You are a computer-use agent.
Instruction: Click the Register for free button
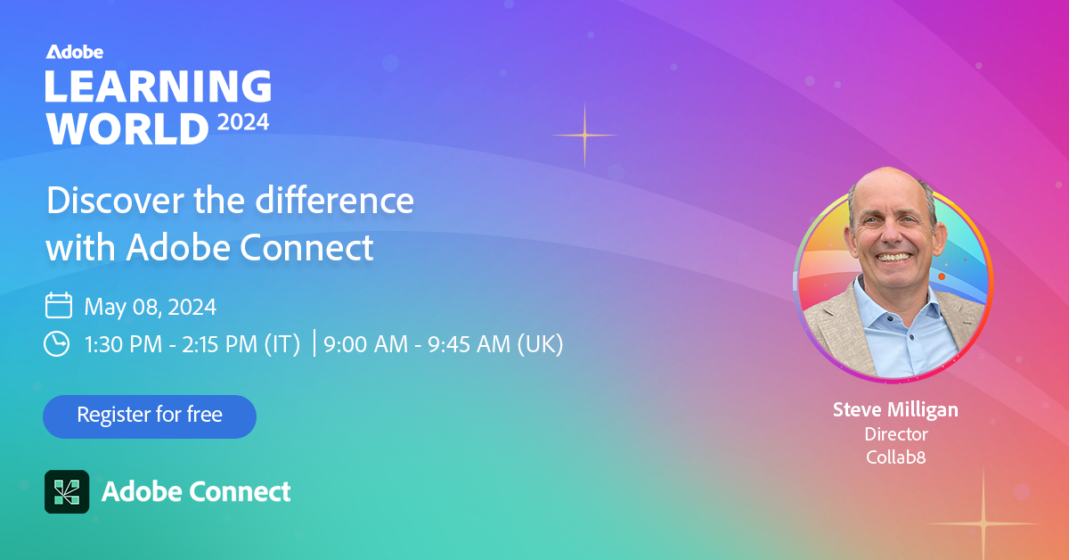pos(150,416)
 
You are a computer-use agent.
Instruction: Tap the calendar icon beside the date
pos(59,305)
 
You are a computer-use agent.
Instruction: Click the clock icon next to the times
pos(57,343)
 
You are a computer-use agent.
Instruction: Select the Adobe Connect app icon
pos(67,491)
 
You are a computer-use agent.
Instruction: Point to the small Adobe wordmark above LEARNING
pos(75,52)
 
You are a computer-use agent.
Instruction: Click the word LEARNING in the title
pos(159,86)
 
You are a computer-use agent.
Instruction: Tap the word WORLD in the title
pos(127,128)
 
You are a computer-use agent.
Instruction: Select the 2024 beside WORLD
pos(243,122)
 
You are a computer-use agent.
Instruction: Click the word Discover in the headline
pos(116,201)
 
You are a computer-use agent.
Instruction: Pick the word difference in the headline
pos(335,201)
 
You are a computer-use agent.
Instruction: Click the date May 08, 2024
pos(151,307)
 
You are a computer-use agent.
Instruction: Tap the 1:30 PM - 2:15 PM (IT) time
pos(192,344)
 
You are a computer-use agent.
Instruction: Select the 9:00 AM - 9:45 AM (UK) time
pos(444,344)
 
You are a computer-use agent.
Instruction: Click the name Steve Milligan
pos(896,410)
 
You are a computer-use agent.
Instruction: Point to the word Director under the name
pos(896,434)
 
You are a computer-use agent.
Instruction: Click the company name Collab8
pos(896,457)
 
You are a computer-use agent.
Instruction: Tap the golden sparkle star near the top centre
pos(584,136)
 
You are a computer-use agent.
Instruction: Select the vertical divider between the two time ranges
pos(314,342)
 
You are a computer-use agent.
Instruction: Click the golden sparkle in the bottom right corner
pos(983,523)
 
